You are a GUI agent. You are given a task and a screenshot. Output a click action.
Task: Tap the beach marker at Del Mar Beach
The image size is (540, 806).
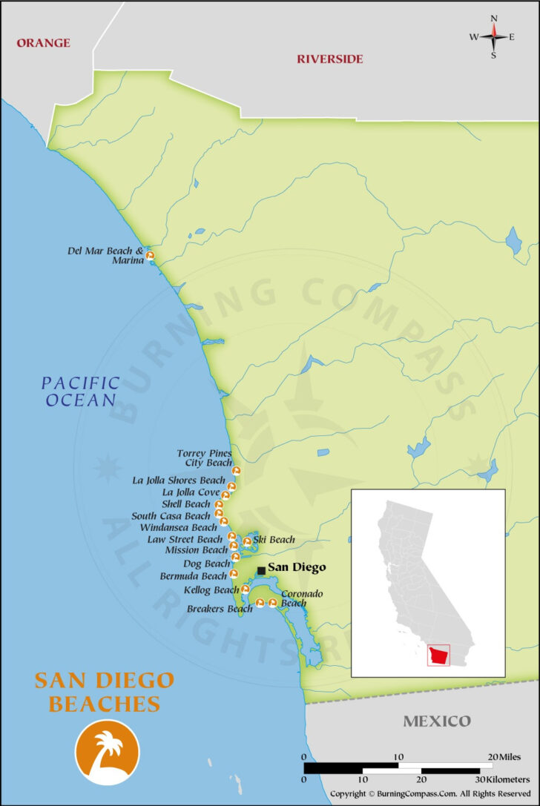point(150,257)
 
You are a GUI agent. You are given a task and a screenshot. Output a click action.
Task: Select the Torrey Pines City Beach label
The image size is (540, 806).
point(204,457)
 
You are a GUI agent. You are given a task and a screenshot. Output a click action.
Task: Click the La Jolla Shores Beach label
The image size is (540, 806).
point(178,480)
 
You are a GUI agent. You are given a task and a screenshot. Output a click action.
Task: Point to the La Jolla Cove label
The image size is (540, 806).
point(191,492)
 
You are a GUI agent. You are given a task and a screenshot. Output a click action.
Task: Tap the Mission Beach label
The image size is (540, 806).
point(196,550)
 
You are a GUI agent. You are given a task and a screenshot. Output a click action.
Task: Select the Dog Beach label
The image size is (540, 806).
point(207,564)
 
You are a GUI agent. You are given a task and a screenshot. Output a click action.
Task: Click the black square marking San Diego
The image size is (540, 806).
point(261,570)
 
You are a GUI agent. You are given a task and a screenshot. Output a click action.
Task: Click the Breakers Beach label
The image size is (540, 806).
point(220,610)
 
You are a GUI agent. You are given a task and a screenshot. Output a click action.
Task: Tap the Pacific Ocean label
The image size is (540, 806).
point(80,392)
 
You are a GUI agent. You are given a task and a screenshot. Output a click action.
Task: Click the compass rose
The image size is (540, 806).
point(493,36)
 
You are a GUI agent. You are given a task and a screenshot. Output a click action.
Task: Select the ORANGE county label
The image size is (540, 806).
point(43,43)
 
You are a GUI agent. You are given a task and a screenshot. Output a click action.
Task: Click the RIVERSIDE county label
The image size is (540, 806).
point(330,59)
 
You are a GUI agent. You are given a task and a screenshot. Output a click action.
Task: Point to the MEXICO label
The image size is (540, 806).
point(436,721)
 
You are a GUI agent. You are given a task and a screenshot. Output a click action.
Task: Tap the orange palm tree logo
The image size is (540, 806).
point(107,752)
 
